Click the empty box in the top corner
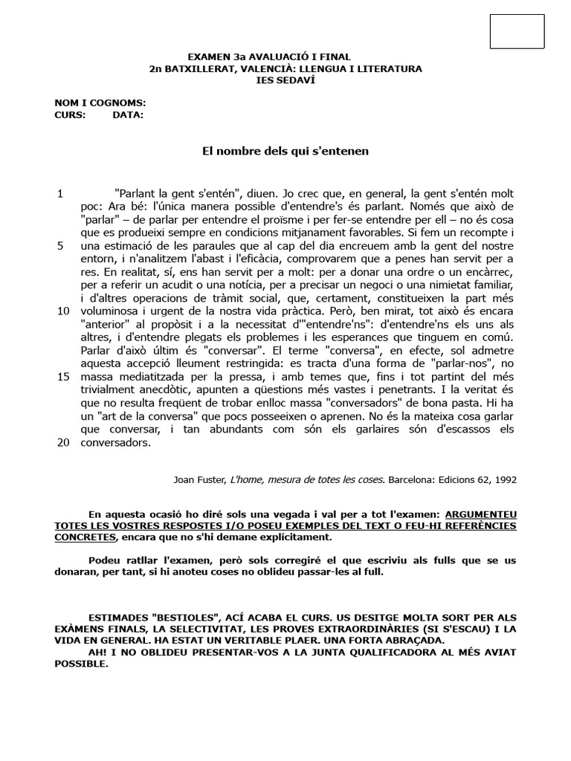pyautogui.click(x=517, y=31)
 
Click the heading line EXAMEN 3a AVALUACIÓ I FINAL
pyautogui.click(x=269, y=57)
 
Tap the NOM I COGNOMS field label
pyautogui.click(x=100, y=103)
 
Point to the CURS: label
pyautogui.click(x=70, y=115)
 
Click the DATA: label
pyautogui.click(x=128, y=115)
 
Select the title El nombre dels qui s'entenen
pyautogui.click(x=285, y=151)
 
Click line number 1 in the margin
pyautogui.click(x=60, y=193)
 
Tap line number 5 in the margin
pyautogui.click(x=60, y=245)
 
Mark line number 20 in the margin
pyautogui.click(x=63, y=442)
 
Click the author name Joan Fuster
pyautogui.click(x=199, y=479)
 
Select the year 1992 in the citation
pyautogui.click(x=502, y=479)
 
